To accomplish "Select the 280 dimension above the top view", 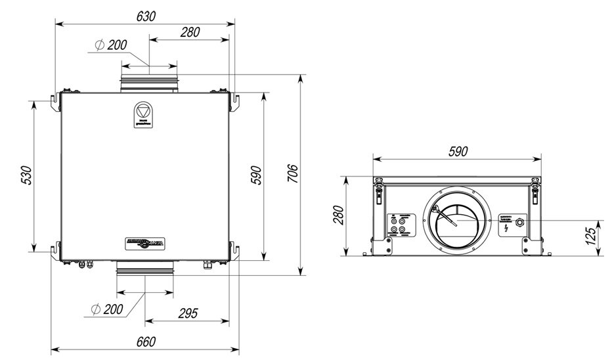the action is [189, 32].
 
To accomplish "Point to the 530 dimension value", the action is [25, 175].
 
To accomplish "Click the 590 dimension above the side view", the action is [457, 151].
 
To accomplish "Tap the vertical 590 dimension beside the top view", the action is [257, 175].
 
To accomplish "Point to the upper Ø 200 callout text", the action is [110, 45].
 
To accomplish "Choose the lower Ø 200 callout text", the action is [107, 308].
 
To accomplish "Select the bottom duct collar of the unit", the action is [145, 268].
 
